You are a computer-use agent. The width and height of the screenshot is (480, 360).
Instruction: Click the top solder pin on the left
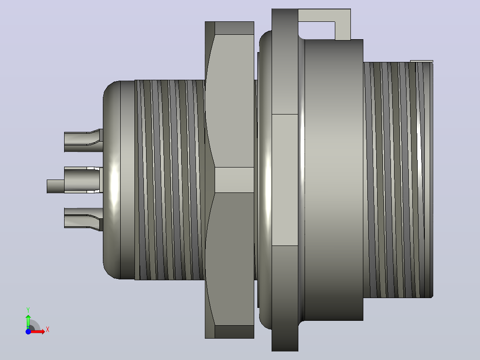pyautogui.click(x=83, y=141)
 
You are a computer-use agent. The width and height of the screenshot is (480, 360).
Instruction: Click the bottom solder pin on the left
pyautogui.click(x=83, y=219)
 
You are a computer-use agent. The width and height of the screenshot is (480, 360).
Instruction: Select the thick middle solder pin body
pyautogui.click(x=83, y=180)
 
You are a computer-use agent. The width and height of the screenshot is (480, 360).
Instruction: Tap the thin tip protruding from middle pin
pyautogui.click(x=55, y=186)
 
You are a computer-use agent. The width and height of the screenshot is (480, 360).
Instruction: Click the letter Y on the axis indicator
pyautogui.click(x=28, y=310)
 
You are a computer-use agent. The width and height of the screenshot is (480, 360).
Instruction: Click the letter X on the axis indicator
pyautogui.click(x=48, y=330)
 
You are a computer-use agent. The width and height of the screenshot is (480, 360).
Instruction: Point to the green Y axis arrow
pyautogui.click(x=28, y=322)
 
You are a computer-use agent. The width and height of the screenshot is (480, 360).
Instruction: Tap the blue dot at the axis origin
pyautogui.click(x=28, y=331)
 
